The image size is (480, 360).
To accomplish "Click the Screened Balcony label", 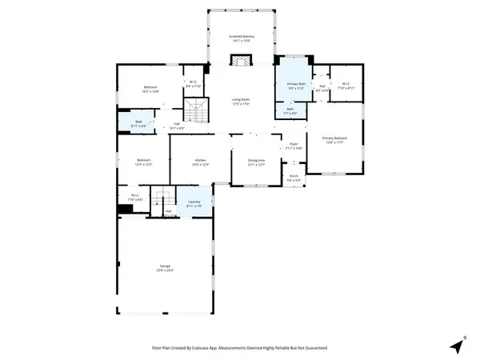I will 241,38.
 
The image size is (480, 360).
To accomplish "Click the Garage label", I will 165,268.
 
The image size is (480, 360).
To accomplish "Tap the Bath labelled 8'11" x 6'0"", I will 138,122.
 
